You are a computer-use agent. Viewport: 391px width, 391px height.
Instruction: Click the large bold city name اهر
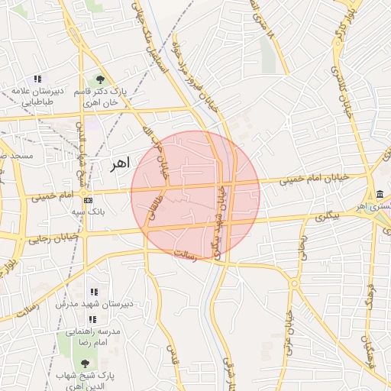click(x=119, y=163)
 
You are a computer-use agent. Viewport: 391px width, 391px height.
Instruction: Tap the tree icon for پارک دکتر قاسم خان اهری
click(x=100, y=79)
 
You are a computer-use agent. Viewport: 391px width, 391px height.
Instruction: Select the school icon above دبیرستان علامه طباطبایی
click(x=37, y=79)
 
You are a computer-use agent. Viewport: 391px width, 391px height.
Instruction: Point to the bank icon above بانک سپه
click(x=89, y=199)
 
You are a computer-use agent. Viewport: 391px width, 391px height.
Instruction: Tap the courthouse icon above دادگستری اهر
click(x=380, y=194)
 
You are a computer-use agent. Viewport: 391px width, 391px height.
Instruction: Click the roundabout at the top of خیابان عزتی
click(x=295, y=284)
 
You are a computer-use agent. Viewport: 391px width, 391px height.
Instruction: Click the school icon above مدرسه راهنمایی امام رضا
click(x=92, y=319)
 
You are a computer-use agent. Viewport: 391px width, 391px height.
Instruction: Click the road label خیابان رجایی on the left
click(x=53, y=239)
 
